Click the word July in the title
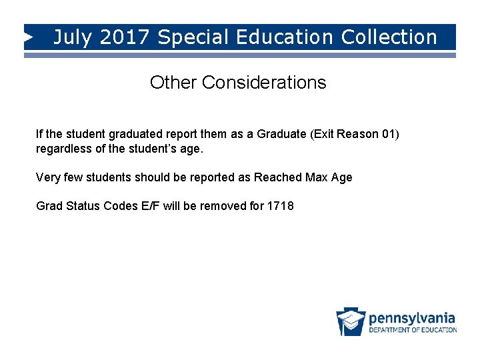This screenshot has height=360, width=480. click(72, 37)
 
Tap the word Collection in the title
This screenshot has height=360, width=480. click(389, 37)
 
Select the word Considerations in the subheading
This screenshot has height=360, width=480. click(264, 83)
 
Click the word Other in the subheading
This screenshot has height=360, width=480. click(173, 83)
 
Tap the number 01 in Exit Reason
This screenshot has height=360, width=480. click(389, 135)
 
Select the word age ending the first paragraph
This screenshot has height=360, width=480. click(190, 149)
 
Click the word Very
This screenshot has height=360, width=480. click(47, 177)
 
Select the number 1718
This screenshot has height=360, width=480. click(280, 206)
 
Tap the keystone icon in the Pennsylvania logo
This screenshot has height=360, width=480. click(351, 322)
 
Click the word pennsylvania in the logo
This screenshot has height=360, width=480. click(412, 317)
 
